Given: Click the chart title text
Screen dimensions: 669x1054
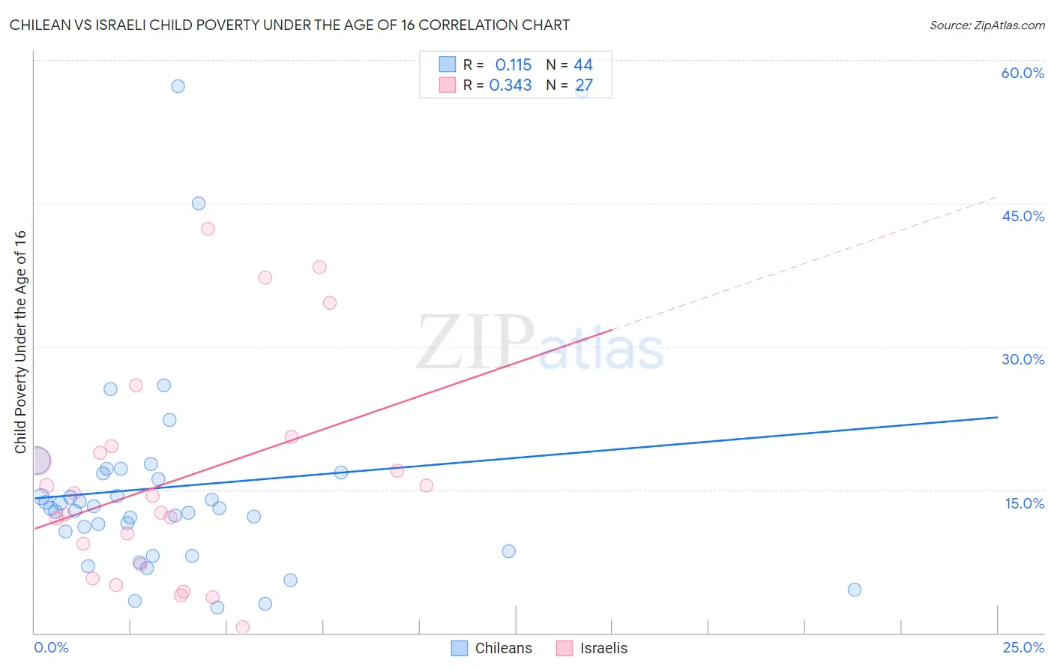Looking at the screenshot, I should pos(289,25).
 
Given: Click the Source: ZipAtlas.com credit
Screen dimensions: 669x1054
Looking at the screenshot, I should pos(987,25).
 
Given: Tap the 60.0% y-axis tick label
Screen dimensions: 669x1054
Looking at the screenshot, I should pos(1023,73).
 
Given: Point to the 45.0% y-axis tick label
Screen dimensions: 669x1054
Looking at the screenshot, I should pos(1023,216).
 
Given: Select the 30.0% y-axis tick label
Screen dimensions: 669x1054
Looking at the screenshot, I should pos(1023,359).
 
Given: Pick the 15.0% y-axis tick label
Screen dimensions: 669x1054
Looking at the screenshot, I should pos(1024,503).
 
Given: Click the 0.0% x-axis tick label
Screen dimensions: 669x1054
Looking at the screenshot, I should pos(51,647).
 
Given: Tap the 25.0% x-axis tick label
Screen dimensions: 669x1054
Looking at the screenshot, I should pos(1023,647).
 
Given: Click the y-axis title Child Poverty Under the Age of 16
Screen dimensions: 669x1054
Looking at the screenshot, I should pos(20,341).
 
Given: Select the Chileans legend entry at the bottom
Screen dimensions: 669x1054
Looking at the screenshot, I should pos(492,648).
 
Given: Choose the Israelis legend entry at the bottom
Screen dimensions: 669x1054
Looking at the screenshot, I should pos(592,648).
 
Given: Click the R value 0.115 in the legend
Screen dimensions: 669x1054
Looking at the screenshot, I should pos(513,65).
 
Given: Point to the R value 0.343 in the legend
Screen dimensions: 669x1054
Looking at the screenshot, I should pos(510,85).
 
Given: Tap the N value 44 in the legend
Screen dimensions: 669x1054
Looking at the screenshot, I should pos(583,65).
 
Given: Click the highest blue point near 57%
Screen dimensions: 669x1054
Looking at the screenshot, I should pos(178,86).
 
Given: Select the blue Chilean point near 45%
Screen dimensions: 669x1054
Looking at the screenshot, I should pos(199,203).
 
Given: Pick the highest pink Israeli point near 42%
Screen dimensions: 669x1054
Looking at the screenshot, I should pos(208,229).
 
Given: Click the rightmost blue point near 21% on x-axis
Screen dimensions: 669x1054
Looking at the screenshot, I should pos(855,589).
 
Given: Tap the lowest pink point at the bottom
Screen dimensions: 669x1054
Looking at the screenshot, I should pos(242,627).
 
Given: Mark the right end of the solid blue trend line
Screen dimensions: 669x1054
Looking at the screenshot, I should pos(998,417).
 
